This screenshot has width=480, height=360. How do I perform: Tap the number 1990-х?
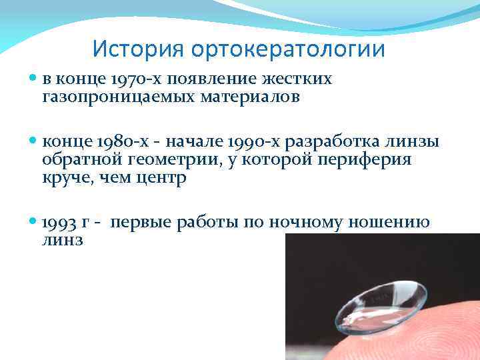[256, 142]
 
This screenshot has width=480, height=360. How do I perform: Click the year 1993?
[57, 223]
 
